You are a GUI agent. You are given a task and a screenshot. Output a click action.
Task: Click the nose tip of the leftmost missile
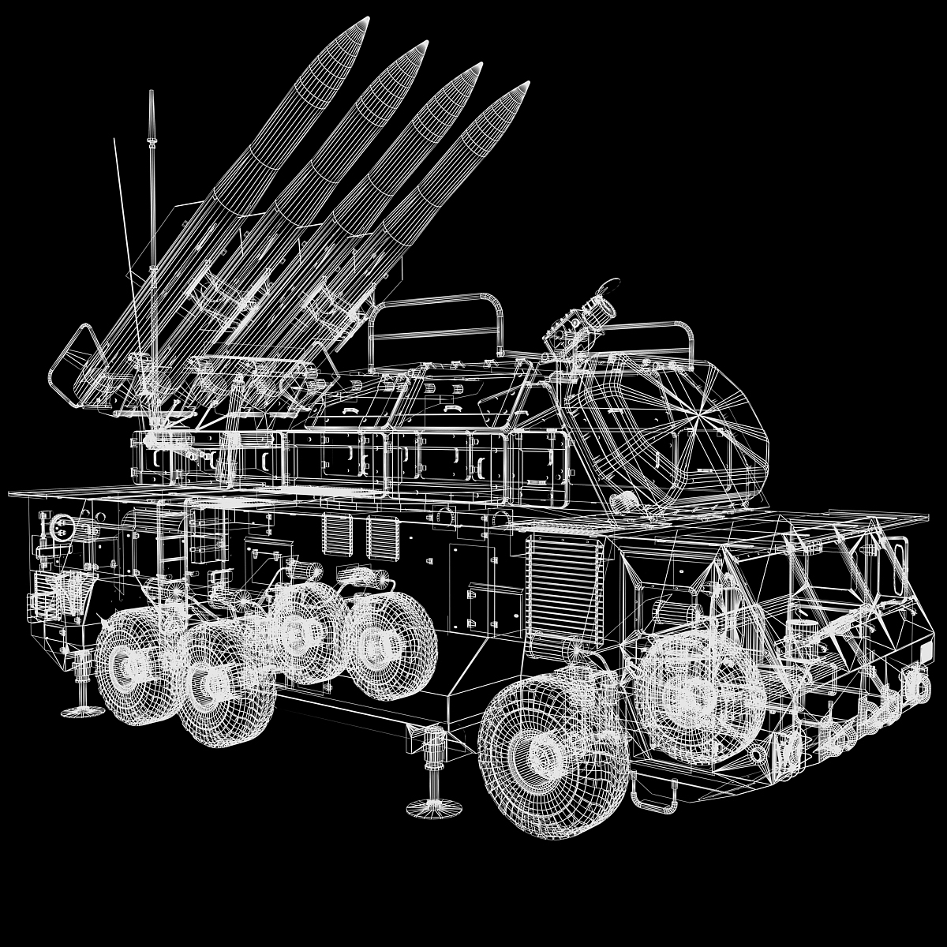366,19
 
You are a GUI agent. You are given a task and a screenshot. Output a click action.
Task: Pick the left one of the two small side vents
335,536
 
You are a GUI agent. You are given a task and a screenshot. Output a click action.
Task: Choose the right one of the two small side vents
379,537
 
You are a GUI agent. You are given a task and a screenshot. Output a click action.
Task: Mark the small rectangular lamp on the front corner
926,653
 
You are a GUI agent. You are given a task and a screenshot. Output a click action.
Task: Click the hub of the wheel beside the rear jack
125,667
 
